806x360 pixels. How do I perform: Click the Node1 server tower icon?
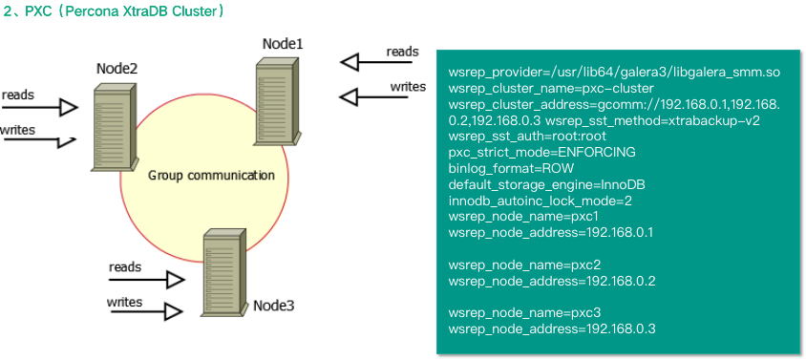tap(278, 101)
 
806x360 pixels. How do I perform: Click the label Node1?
tap(283, 44)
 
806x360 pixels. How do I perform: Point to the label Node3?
tap(274, 306)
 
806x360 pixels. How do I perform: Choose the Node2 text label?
tap(117, 69)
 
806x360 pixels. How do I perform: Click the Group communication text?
tap(211, 176)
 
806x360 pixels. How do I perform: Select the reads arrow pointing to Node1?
tap(376, 63)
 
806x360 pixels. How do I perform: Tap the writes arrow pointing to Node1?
tap(373, 96)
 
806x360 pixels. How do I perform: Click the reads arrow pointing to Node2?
tap(39, 108)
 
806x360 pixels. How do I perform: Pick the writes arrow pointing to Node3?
tap(146, 311)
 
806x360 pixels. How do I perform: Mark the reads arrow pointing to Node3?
tap(146, 281)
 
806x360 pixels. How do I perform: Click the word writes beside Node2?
tap(17, 130)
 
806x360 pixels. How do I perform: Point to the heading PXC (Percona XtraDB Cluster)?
tap(114, 11)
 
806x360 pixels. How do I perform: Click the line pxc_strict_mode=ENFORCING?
tap(541, 153)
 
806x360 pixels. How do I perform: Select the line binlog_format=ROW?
tap(511, 169)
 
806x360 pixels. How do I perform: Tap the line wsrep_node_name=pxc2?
tap(524, 265)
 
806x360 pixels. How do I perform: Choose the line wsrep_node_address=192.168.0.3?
tap(552, 329)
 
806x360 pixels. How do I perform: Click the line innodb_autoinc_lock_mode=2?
tap(540, 201)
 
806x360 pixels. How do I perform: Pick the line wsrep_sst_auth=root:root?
tap(527, 137)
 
